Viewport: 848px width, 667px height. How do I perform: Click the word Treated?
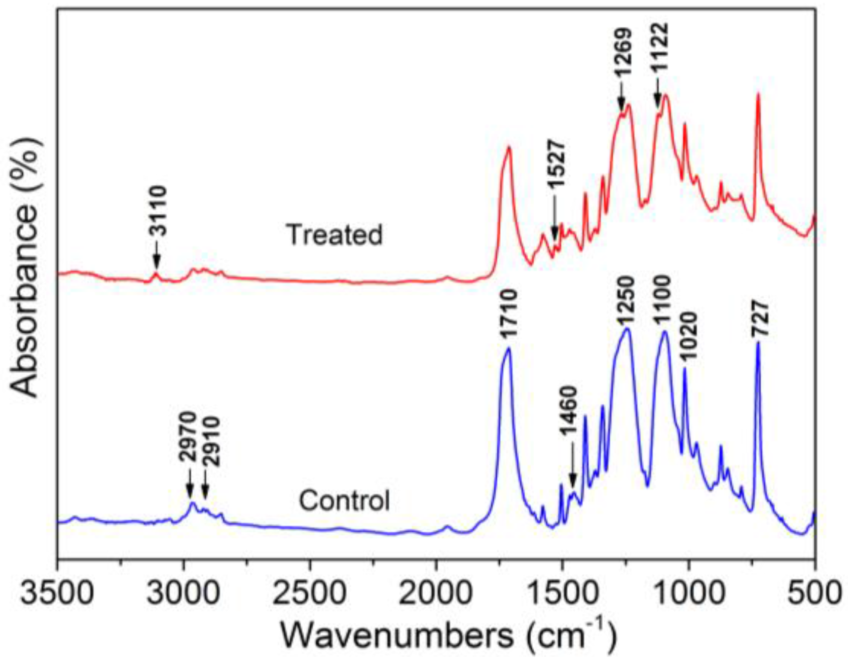pos(334,234)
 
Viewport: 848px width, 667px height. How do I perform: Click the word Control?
pos(344,500)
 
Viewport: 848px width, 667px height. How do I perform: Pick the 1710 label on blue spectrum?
pos(508,313)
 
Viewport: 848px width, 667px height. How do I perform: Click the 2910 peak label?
pos(210,441)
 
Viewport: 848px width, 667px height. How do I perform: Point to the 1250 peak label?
pos(625,300)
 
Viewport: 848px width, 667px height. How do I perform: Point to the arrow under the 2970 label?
pos(190,484)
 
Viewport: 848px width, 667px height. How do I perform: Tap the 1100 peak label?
pos(662,300)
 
